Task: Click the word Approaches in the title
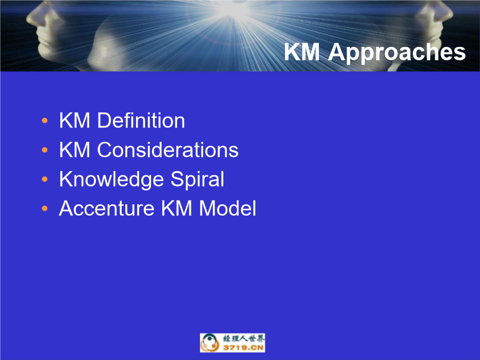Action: (397, 53)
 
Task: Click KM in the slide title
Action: (302, 52)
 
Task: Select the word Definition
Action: (141, 121)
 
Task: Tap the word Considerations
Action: (168, 150)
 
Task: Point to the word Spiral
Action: (197, 179)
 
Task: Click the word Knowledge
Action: (111, 179)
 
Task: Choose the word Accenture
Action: (107, 209)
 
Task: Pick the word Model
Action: (227, 209)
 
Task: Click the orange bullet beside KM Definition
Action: (45, 121)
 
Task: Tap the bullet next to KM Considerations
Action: (45, 150)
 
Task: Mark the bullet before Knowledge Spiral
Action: (45, 179)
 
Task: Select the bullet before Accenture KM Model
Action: (45, 209)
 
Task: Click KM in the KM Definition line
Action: (75, 121)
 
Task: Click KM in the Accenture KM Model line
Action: (177, 209)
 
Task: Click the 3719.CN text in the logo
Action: (243, 347)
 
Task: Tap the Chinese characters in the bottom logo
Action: (244, 339)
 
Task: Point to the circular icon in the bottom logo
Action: (210, 343)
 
